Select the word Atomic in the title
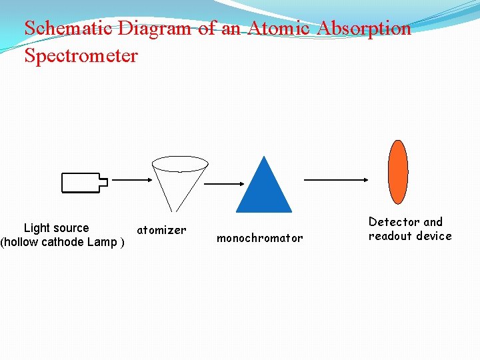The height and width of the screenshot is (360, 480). [279, 29]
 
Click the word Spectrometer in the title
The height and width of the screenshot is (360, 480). [81, 55]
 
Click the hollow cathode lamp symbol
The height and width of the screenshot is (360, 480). [81, 182]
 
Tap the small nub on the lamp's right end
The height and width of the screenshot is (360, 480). [103, 180]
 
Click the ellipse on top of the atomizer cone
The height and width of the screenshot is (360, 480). [180, 163]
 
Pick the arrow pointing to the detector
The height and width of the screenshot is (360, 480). [336, 179]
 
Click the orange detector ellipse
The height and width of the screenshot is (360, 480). [398, 171]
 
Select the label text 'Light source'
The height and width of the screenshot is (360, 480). [56, 228]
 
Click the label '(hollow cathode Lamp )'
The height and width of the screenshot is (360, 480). [63, 242]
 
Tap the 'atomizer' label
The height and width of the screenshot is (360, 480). [161, 230]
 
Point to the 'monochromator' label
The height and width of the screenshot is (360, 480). [259, 238]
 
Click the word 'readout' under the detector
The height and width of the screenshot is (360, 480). [389, 236]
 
